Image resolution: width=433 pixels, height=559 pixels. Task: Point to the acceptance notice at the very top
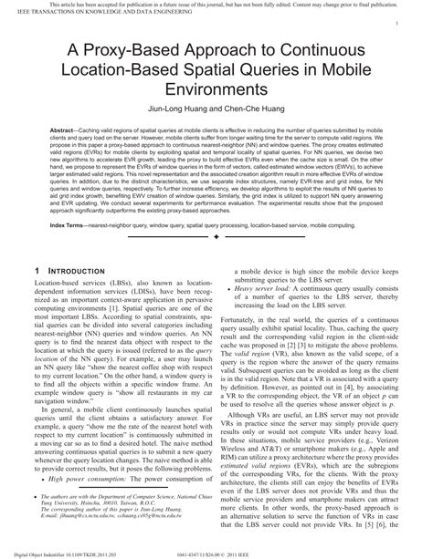(x=216, y=5)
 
